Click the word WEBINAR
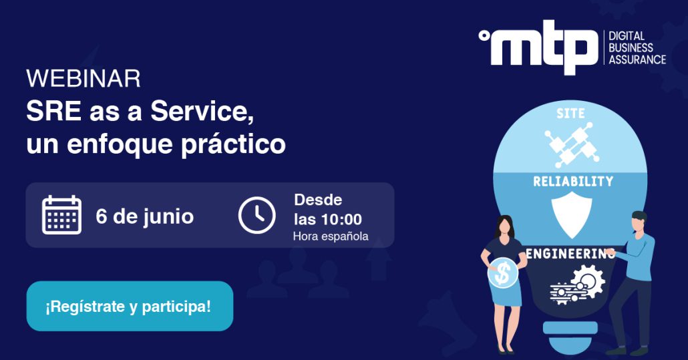[83, 79]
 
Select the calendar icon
[62, 214]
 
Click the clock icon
[256, 215]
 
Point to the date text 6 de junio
[145, 216]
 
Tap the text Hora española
[331, 236]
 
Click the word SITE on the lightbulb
[570, 114]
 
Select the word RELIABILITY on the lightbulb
[573, 181]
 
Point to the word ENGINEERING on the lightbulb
[570, 253]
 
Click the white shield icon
[572, 215]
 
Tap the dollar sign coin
[503, 273]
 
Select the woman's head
[504, 226]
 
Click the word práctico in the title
[233, 144]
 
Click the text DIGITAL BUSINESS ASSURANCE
[637, 48]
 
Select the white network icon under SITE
[572, 145]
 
